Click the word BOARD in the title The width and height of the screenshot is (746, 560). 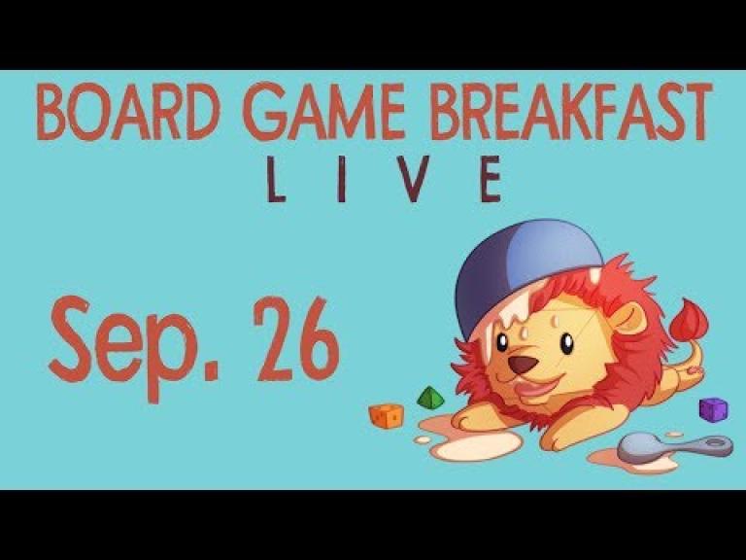[128, 112]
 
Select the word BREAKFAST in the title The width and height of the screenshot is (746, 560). [571, 112]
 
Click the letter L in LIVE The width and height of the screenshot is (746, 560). [276, 179]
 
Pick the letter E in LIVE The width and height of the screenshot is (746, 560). [491, 179]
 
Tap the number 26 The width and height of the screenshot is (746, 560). [297, 339]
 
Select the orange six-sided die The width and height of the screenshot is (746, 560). [386, 415]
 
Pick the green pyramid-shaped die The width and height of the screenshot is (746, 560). [430, 398]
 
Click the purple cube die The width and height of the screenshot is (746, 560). [713, 409]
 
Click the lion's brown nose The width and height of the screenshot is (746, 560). [523, 365]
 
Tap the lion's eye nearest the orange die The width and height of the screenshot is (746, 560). [500, 342]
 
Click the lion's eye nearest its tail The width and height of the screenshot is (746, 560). [566, 344]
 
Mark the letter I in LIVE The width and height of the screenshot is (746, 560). [341, 179]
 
